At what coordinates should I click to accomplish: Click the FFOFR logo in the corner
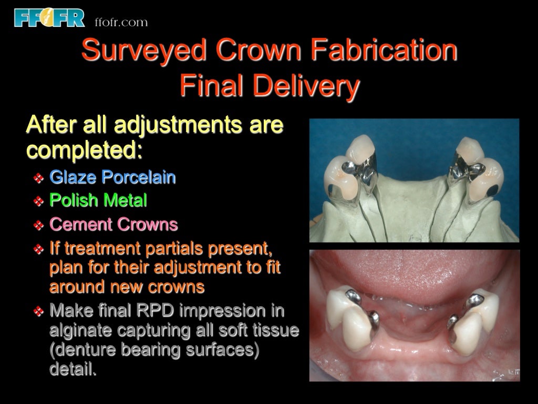coord(49,17)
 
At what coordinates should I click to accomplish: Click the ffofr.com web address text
coord(121,22)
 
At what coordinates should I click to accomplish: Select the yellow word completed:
coord(85,150)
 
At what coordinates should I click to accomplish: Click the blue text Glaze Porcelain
coord(112,177)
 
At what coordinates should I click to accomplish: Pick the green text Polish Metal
coord(98,200)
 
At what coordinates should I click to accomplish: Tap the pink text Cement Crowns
coord(113,225)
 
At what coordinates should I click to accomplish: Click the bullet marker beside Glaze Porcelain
coord(38,178)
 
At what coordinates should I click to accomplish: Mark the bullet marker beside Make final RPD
coord(38,311)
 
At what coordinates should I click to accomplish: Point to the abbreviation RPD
coord(156,310)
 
